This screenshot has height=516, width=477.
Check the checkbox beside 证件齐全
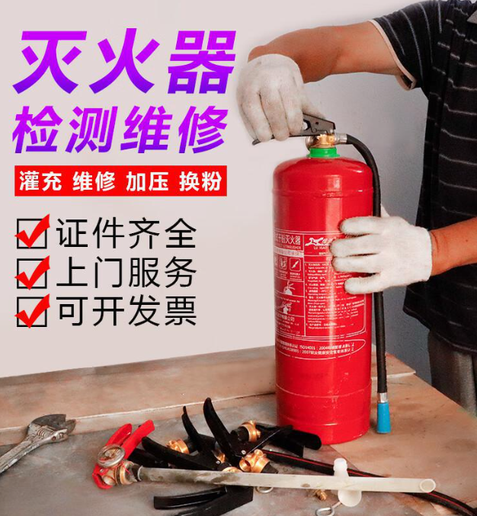(32, 233)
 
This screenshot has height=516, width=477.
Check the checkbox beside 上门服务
(32, 274)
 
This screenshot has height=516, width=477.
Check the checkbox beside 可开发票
(32, 312)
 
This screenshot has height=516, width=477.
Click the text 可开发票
(126, 311)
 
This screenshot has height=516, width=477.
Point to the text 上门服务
(126, 272)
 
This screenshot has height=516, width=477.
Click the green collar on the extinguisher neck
(325, 152)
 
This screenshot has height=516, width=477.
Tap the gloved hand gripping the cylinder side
(381, 252)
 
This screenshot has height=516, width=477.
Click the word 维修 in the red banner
(95, 183)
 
